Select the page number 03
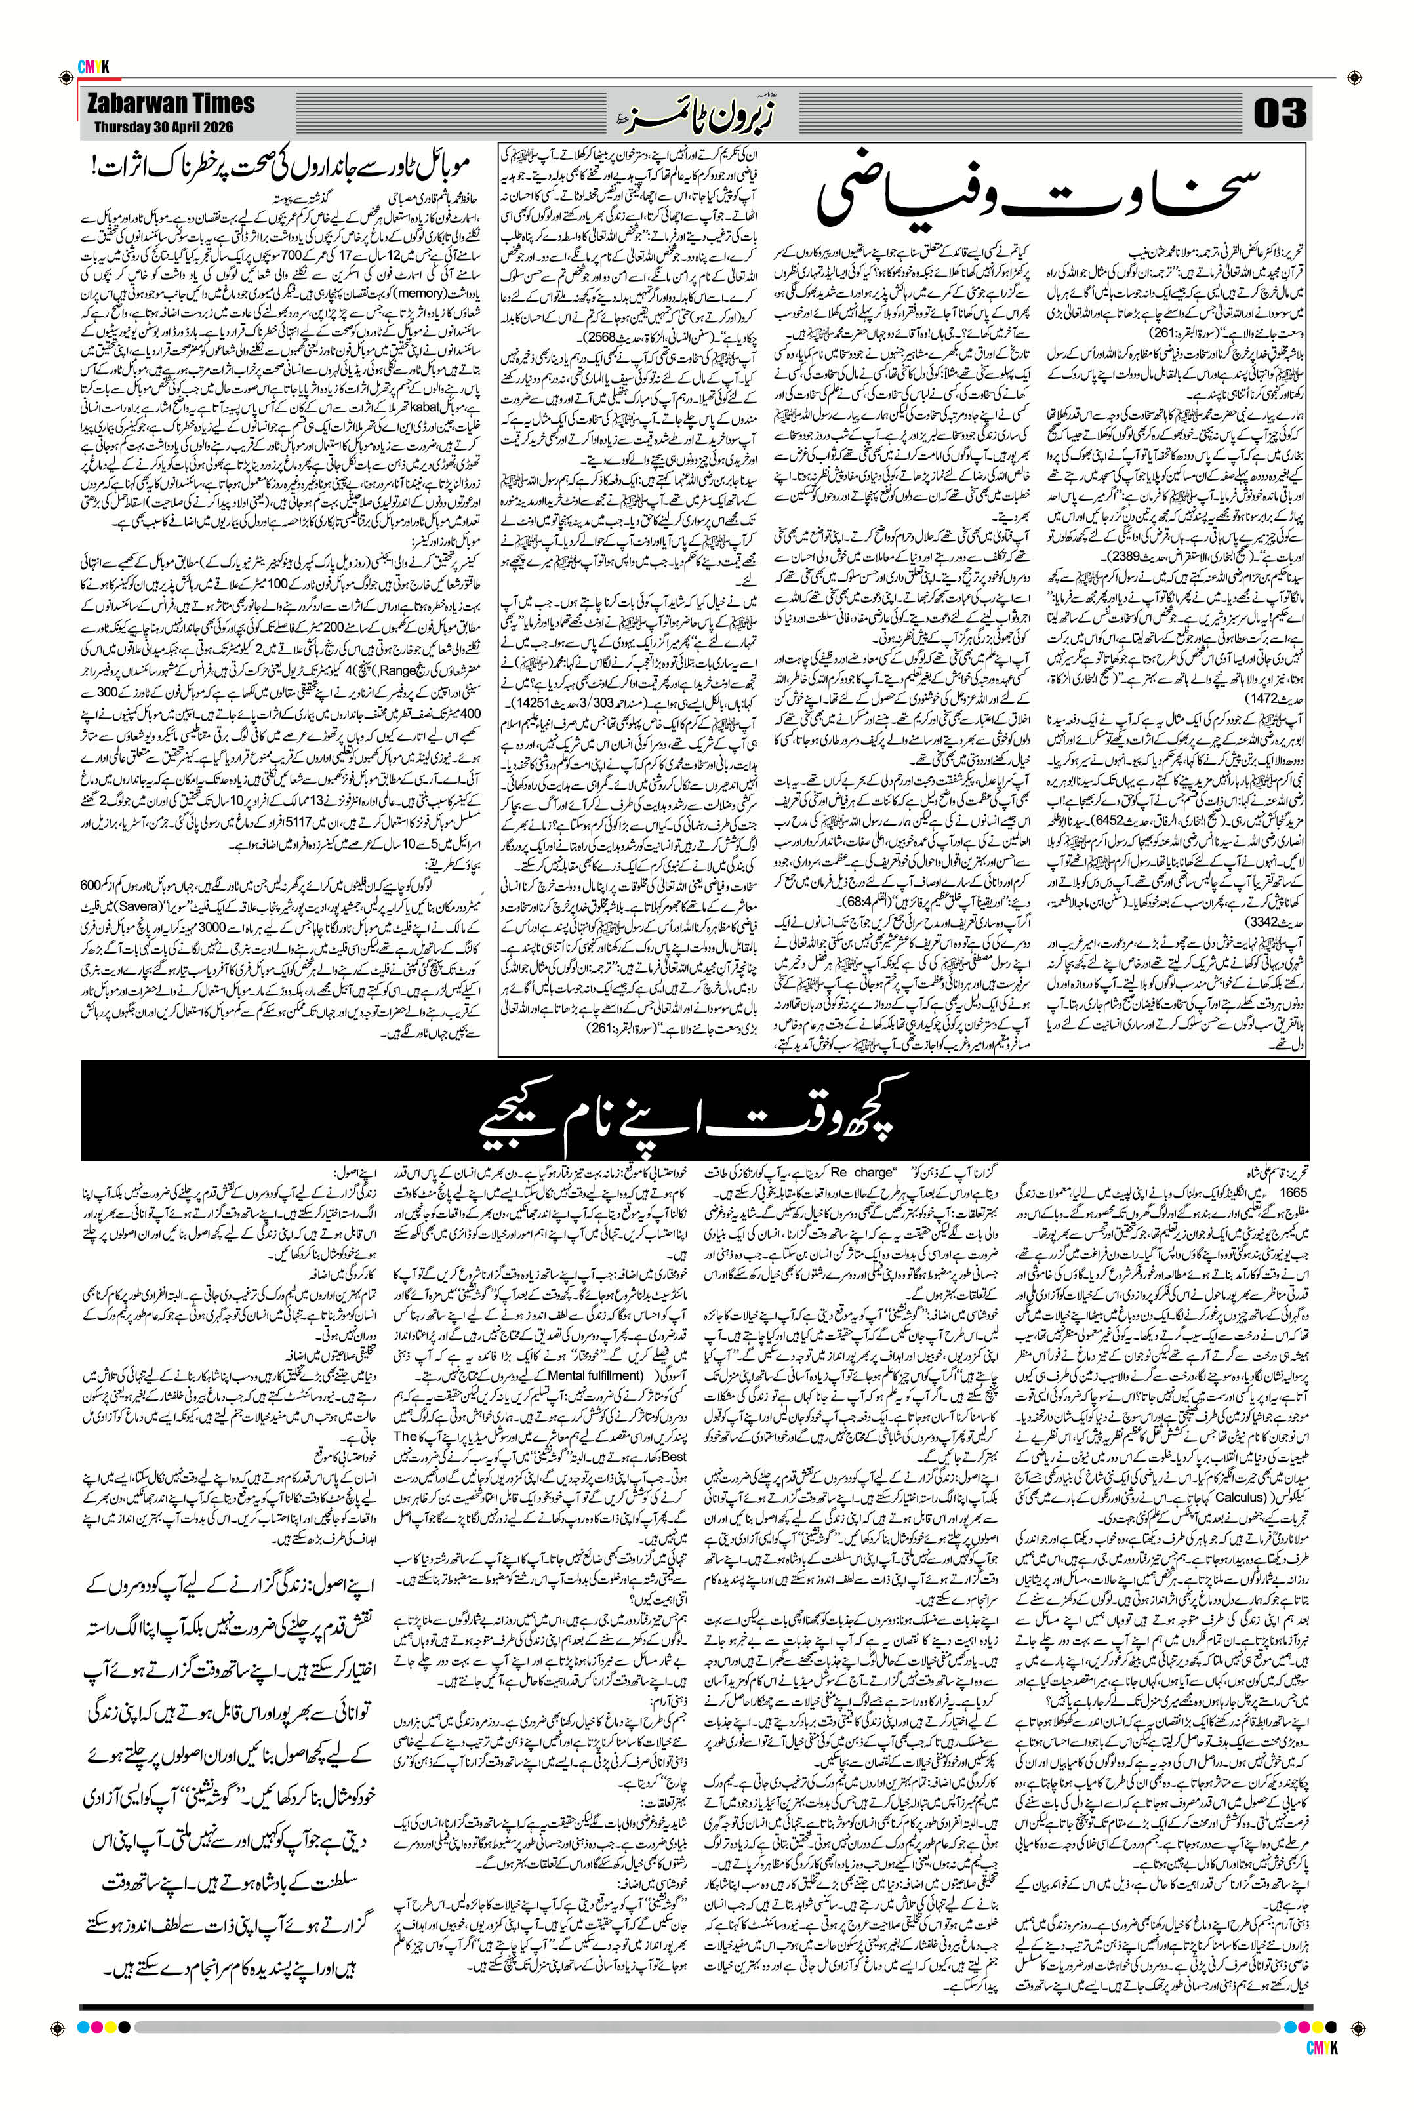click(1279, 115)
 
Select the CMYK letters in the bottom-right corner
click(1320, 2068)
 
